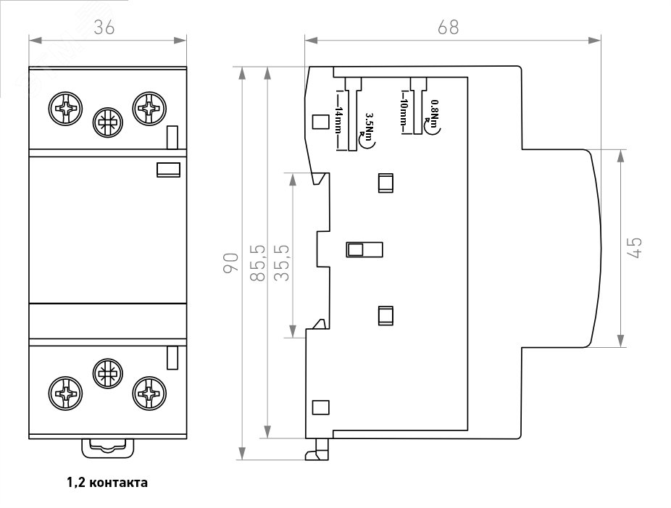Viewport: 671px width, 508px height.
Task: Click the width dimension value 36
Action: click(106, 27)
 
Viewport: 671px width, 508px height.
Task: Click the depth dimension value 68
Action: click(449, 27)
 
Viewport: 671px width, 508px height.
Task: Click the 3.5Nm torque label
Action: click(370, 130)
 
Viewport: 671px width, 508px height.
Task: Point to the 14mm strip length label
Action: click(338, 120)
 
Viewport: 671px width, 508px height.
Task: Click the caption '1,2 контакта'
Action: click(107, 482)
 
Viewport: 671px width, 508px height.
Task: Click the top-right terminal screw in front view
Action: click(150, 110)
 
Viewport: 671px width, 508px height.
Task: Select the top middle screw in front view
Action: click(107, 124)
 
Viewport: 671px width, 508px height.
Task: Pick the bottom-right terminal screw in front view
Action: click(150, 394)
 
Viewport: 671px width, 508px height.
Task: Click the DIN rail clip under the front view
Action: click(107, 448)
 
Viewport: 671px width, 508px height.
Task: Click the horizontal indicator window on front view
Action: click(168, 170)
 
